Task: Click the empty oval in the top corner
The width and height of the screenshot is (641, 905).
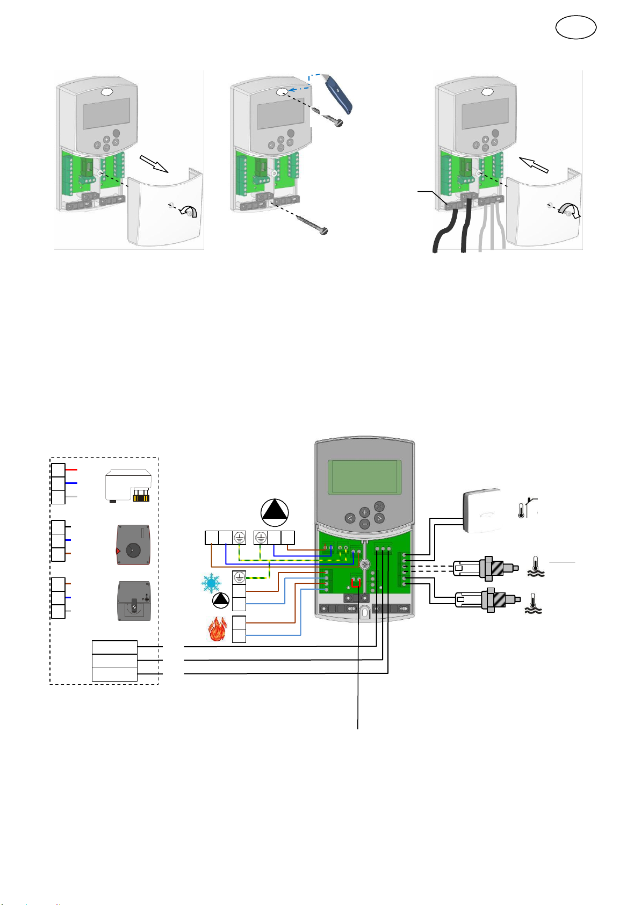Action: [575, 27]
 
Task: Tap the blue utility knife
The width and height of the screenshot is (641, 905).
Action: [339, 95]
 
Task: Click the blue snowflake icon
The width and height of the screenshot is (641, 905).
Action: [211, 583]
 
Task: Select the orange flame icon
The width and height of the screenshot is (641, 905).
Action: [217, 629]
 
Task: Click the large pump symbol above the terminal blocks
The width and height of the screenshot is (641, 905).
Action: [275, 513]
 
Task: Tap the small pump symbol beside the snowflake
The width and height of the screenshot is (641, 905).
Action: [220, 601]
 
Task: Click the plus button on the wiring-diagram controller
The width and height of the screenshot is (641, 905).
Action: [364, 512]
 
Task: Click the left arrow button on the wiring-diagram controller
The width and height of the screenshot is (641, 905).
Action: [350, 518]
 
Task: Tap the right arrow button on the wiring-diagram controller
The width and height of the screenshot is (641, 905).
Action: [379, 518]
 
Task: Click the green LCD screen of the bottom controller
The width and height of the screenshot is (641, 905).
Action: [365, 477]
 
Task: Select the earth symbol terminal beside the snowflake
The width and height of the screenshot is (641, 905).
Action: [239, 577]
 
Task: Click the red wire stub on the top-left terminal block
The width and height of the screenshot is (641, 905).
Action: [71, 469]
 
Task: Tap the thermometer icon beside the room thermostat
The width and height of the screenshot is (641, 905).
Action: [521, 510]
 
